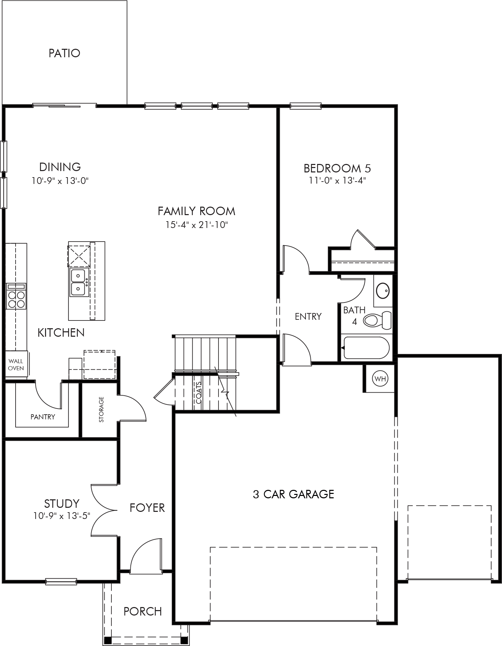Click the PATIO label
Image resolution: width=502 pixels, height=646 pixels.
coord(64,53)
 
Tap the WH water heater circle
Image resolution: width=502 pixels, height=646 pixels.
coord(380,379)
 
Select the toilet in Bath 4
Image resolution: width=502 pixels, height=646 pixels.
coord(377,319)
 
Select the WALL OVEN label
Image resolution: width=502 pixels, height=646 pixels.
coord(16,365)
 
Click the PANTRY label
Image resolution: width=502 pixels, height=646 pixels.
coord(43,417)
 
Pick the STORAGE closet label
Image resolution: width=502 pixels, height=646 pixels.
coord(101,410)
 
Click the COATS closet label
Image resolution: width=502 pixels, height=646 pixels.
coord(198,393)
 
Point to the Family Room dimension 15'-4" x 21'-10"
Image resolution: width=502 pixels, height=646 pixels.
coord(197,225)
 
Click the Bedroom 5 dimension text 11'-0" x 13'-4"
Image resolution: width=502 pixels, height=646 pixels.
coord(337,180)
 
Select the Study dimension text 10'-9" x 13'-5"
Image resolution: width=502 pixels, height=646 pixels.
coord(62,516)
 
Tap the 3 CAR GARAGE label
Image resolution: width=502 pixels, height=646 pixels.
coord(293,494)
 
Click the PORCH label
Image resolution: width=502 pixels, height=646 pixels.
coord(143,611)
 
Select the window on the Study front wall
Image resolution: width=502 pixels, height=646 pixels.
coord(61,582)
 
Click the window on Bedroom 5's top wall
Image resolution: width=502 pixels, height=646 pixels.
coord(305,106)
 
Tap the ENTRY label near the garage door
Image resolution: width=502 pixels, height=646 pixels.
coord(308,316)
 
